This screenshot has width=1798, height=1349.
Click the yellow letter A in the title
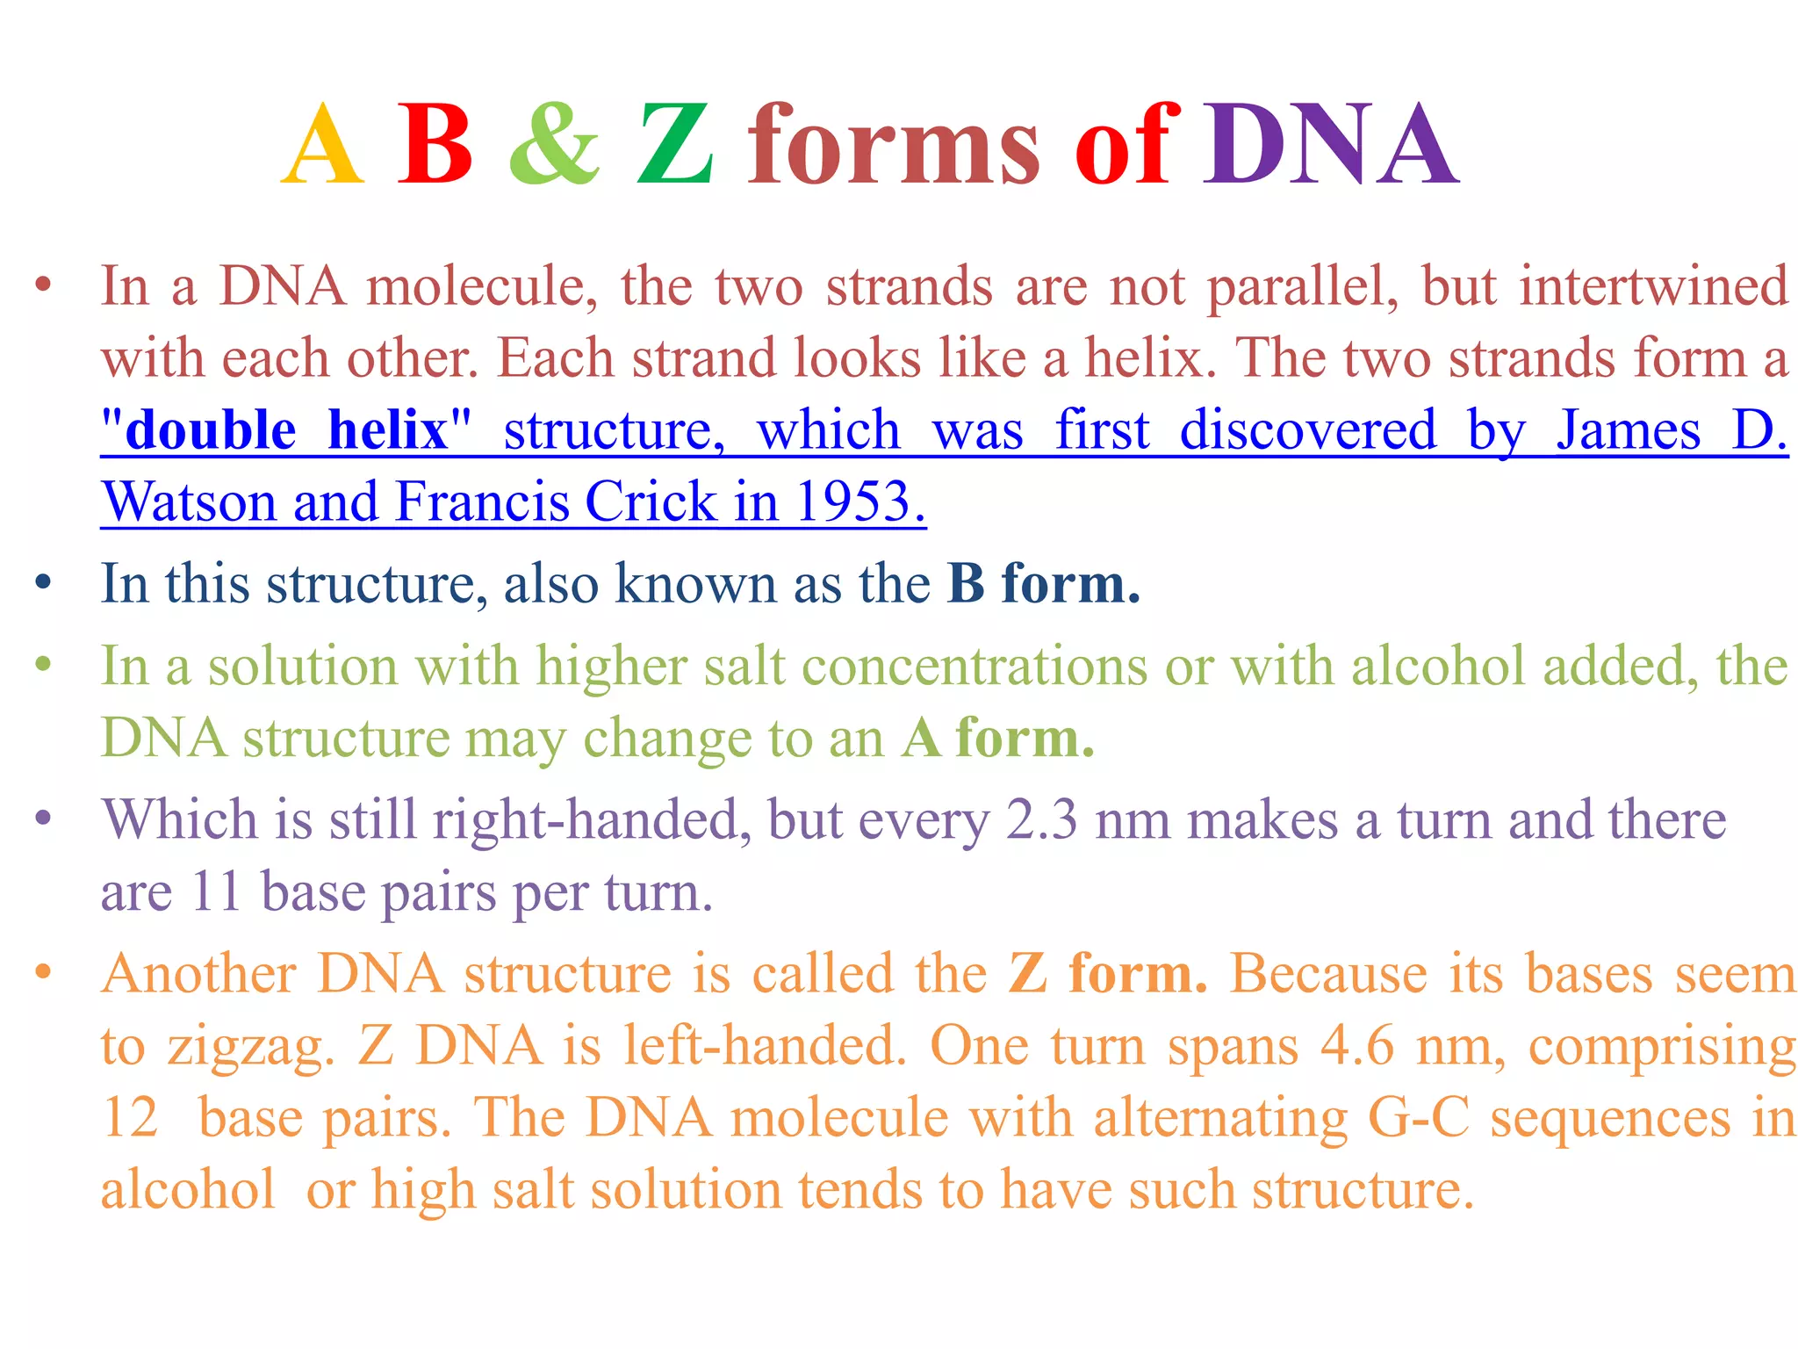[322, 145]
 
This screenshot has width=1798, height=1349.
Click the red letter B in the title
[435, 145]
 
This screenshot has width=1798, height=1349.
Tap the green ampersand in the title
[555, 145]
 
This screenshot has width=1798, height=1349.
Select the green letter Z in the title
[675, 145]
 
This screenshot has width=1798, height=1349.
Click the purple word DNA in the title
[1329, 145]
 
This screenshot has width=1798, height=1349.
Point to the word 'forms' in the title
[894, 145]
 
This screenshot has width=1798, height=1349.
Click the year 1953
[859, 502]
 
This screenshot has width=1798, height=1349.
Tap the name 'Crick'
[651, 502]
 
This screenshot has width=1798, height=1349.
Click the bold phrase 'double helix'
[286, 430]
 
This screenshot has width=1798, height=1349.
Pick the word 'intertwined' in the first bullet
[1653, 286]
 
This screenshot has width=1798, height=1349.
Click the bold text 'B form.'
[1044, 583]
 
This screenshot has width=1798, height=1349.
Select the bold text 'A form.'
[998, 738]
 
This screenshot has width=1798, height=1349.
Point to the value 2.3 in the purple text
[1041, 820]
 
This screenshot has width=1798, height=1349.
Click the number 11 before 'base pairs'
[216, 892]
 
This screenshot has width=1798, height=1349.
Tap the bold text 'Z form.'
[1108, 974]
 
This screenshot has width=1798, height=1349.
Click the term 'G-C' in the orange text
[1419, 1118]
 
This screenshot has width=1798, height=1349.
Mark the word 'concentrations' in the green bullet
[975, 666]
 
